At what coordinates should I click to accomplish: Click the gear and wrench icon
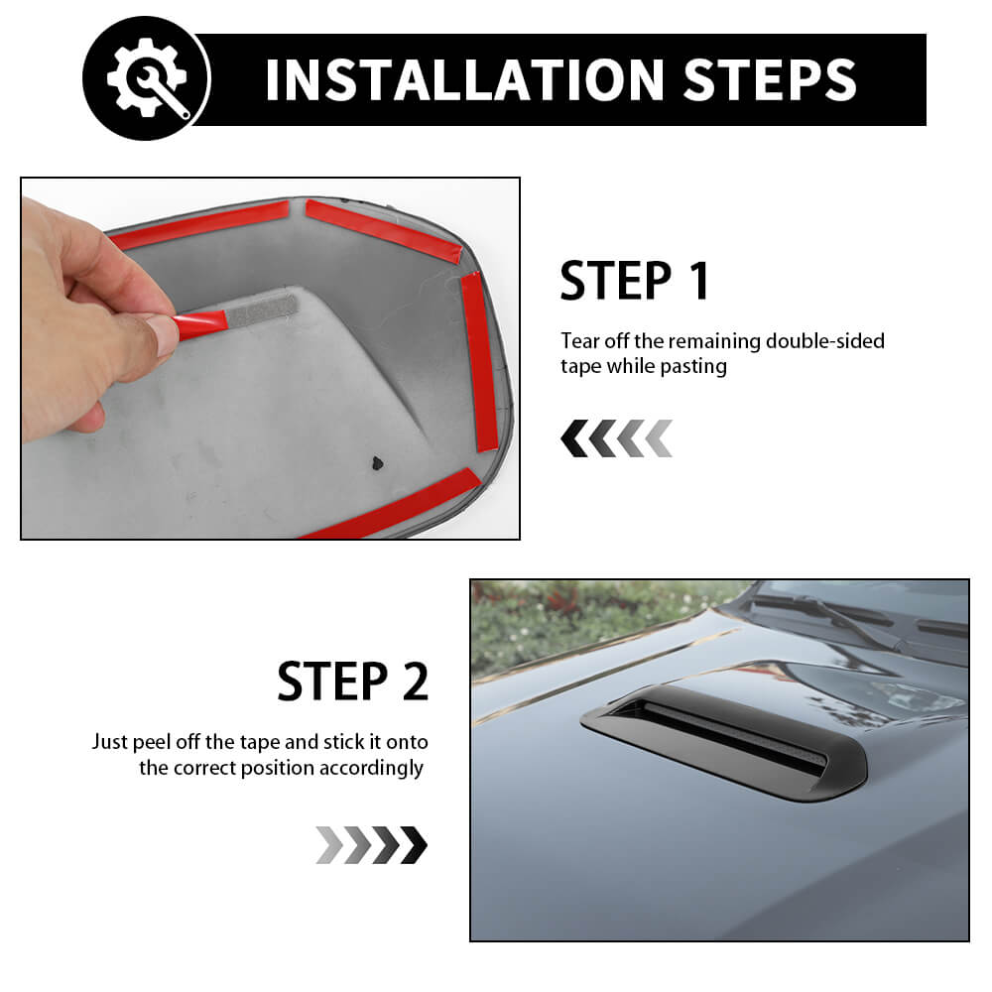coord(147,77)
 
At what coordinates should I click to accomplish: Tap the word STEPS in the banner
coord(770,79)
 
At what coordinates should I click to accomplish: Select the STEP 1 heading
coord(635,281)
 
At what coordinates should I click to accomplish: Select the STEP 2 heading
coord(353,681)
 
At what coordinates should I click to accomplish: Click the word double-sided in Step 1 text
coord(825,341)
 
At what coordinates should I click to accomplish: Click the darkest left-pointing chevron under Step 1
coord(574,437)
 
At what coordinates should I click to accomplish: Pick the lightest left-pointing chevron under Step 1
coord(659,437)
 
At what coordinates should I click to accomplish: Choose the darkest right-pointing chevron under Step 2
coord(414,844)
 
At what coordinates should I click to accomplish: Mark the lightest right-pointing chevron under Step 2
coord(329,844)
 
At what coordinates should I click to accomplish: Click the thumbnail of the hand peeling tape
coord(270,358)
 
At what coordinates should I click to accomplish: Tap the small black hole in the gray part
coord(377,463)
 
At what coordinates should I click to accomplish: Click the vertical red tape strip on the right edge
coord(480,362)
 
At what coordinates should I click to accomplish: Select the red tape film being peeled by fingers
coord(199,323)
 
